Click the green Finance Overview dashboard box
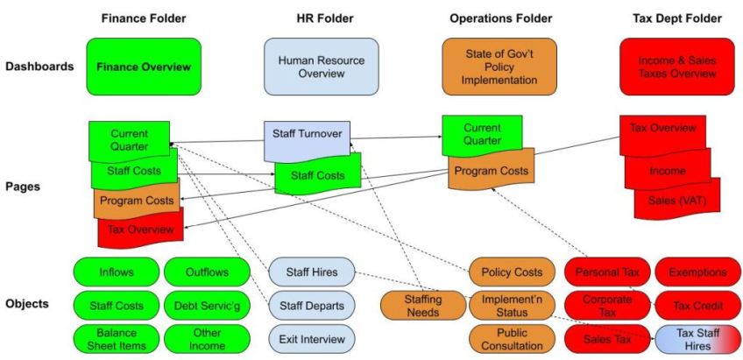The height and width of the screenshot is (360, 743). coord(144,66)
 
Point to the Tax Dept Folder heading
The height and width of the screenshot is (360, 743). coord(676,18)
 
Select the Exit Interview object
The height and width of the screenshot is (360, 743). coord(311,338)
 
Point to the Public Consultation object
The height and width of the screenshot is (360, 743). coord(512,338)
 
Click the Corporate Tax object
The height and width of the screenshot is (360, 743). coord(607,305)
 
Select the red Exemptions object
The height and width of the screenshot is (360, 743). coord(698,272)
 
